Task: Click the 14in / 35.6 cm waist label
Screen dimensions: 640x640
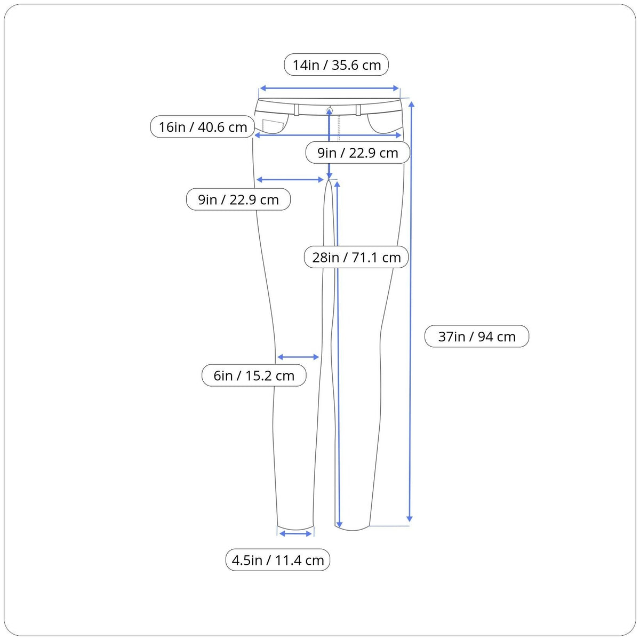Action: pyautogui.click(x=336, y=65)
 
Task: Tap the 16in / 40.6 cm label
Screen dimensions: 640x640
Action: pyautogui.click(x=203, y=127)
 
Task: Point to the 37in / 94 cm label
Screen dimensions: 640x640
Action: pyautogui.click(x=477, y=337)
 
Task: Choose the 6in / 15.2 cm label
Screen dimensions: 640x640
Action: pyautogui.click(x=254, y=375)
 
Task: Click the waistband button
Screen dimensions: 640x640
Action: pyautogui.click(x=330, y=110)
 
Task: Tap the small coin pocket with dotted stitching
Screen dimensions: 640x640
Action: pyautogui.click(x=273, y=125)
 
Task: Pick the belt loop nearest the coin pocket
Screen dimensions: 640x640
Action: pyautogui.click(x=297, y=110)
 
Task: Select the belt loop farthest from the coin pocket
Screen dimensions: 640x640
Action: pyautogui.click(x=358, y=110)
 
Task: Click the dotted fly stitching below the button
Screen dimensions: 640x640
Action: pyautogui.click(x=339, y=129)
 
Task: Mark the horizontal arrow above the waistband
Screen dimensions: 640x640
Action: pyautogui.click(x=329, y=88)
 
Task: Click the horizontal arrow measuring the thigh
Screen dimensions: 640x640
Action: pyautogui.click(x=290, y=180)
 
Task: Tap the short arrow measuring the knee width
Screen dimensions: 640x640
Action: pyautogui.click(x=298, y=357)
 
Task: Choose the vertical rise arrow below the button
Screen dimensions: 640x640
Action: pyautogui.click(x=329, y=143)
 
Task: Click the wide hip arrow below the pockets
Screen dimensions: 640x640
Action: pyautogui.click(x=328, y=135)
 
